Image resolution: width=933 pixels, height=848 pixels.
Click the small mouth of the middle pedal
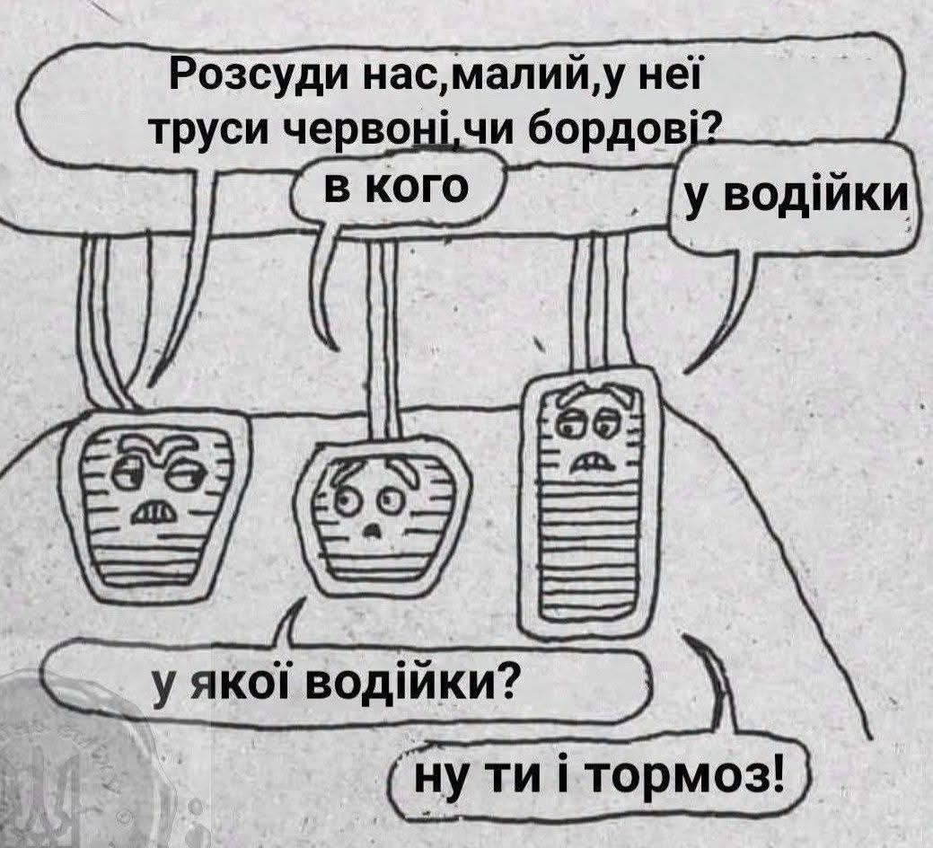(x=374, y=528)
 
